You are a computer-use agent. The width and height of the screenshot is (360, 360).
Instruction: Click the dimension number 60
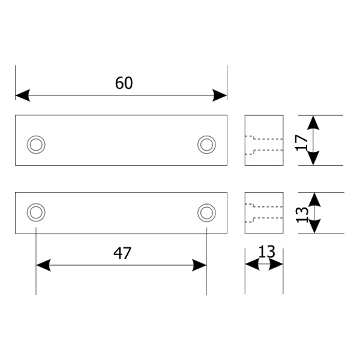pyautogui.click(x=124, y=83)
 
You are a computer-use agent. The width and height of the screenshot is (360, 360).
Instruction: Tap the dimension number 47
pyautogui.click(x=122, y=253)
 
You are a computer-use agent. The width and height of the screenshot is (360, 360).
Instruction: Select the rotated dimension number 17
pyautogui.click(x=302, y=142)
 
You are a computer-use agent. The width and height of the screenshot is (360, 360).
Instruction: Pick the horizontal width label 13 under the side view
pyautogui.click(x=266, y=251)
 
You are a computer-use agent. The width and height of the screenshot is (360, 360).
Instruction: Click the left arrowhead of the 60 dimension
pyautogui.click(x=23, y=95)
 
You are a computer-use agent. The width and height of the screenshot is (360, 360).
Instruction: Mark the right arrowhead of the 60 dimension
pyautogui.click(x=220, y=95)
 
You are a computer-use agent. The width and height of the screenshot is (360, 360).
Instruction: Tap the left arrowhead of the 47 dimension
pyautogui.click(x=43, y=265)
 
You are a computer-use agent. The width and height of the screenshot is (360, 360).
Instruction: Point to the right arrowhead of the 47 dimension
pyautogui.click(x=199, y=265)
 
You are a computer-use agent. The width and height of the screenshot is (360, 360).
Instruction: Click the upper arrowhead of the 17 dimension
pyautogui.click(x=313, y=122)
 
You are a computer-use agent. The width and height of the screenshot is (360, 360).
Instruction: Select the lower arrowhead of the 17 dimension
pyautogui.click(x=313, y=158)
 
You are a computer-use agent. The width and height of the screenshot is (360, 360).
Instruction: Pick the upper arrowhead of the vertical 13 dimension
pyautogui.click(x=314, y=199)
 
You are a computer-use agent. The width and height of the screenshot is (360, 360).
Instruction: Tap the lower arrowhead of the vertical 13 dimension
pyautogui.click(x=314, y=226)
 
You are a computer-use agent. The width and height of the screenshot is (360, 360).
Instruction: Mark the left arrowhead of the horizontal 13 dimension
pyautogui.click(x=253, y=264)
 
